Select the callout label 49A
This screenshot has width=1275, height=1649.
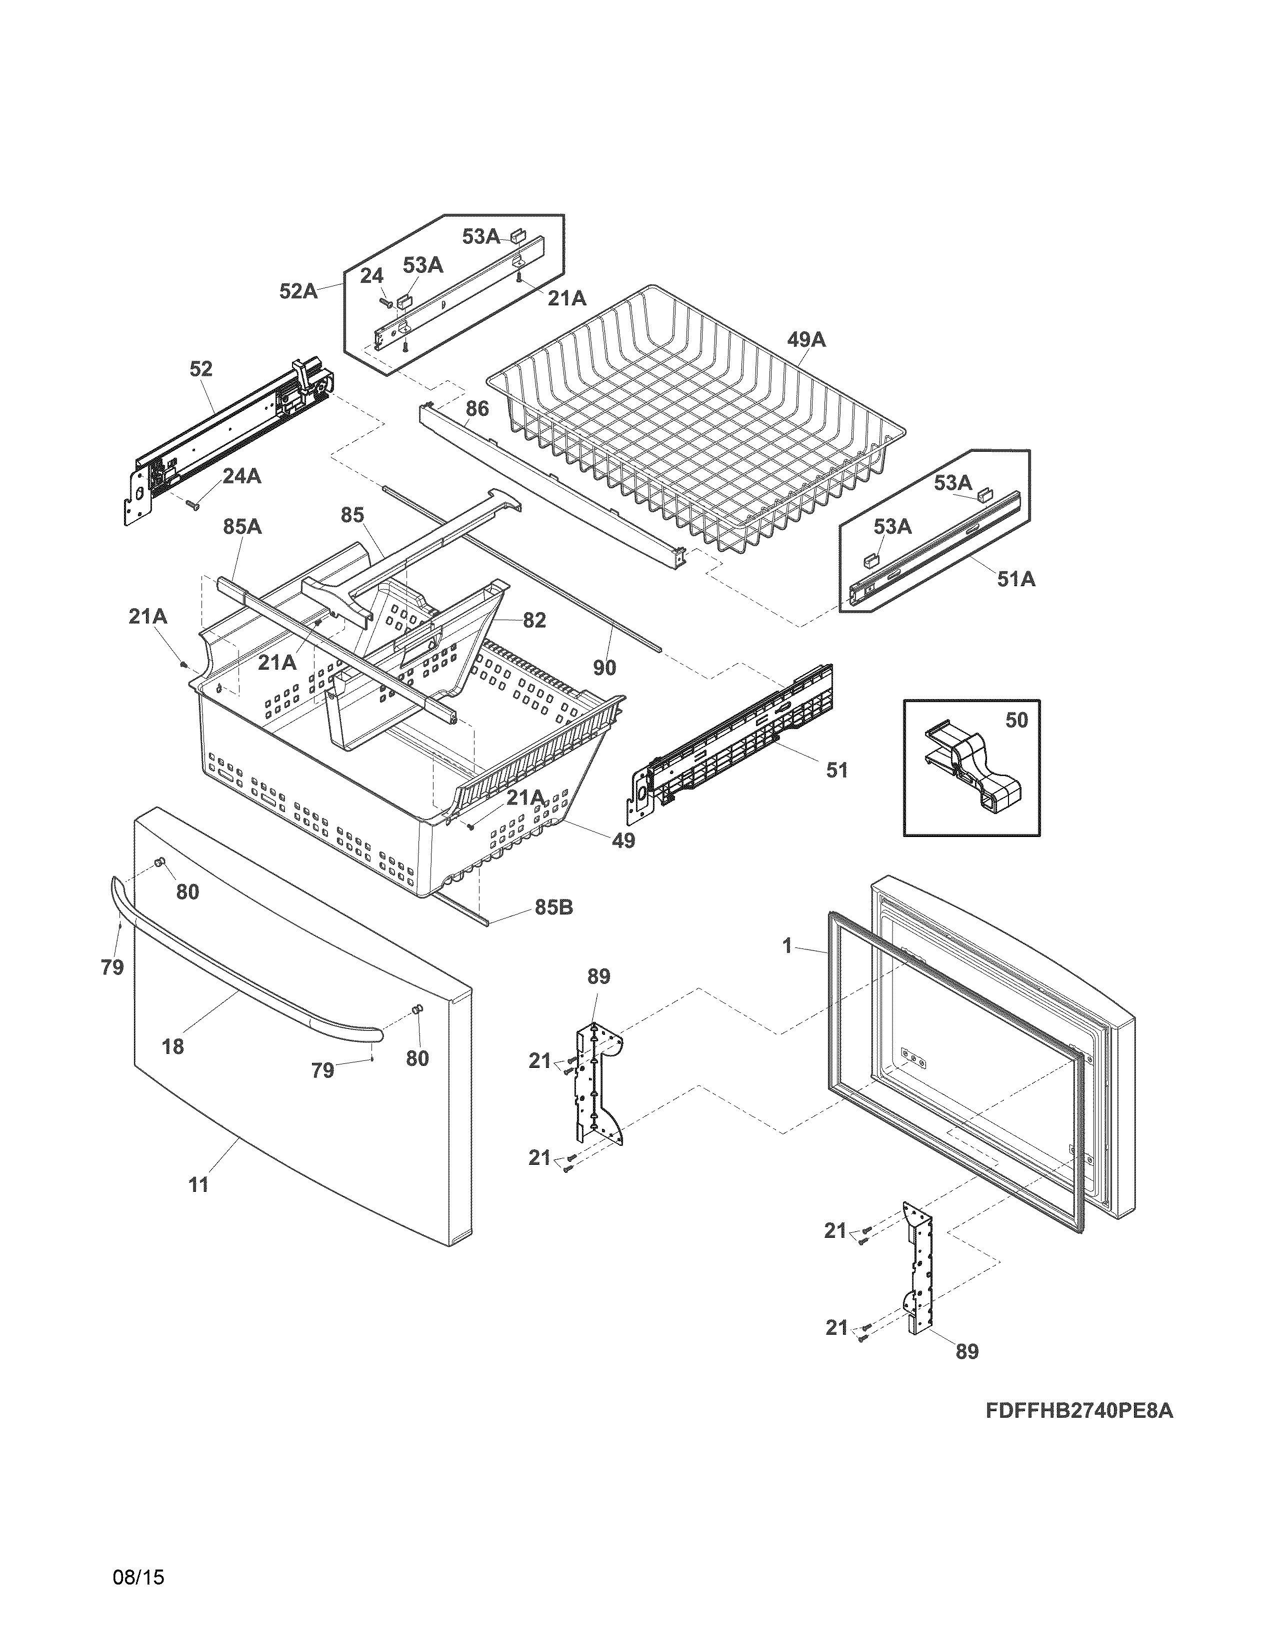806,340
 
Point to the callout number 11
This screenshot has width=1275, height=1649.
198,1185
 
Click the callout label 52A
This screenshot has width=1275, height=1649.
298,291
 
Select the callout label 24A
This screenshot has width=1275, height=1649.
241,476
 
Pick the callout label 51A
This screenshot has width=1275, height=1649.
1016,579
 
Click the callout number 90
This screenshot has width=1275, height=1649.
604,668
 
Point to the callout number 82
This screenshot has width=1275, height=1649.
533,620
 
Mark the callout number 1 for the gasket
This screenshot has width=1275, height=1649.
787,945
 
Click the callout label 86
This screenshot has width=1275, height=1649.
477,409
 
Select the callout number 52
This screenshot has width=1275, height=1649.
201,369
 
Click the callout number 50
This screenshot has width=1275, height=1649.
1016,720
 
